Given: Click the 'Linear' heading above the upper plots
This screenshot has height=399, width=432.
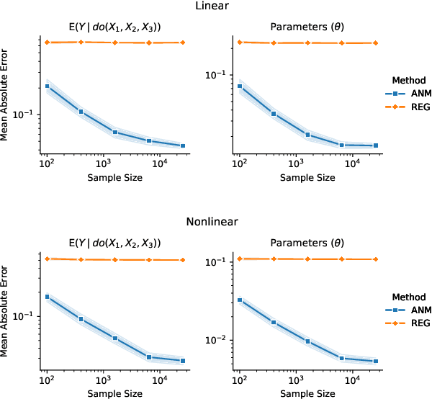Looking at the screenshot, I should click(215, 6).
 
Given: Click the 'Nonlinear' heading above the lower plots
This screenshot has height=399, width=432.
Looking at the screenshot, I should click(215, 223).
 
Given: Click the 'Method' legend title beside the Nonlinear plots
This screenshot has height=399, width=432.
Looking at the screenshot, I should click(408, 296).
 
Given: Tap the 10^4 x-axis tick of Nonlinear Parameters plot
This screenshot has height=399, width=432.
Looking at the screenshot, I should click(352, 380).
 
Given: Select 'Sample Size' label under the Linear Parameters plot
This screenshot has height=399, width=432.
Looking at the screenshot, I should click(307, 177).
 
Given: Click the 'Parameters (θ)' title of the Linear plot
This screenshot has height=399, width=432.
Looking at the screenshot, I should click(307, 27).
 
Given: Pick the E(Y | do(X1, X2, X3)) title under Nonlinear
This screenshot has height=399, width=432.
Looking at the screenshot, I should click(114, 243).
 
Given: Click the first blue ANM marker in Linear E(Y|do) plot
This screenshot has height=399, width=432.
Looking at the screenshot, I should click(47, 86).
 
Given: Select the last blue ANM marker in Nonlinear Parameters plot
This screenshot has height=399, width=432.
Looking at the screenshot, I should click(376, 362).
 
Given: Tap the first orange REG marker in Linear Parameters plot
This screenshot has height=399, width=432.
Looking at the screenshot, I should click(240, 42).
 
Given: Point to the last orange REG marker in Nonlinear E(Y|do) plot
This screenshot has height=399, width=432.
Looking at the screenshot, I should click(183, 260).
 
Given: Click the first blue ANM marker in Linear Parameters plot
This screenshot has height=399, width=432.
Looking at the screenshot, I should click(240, 86).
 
